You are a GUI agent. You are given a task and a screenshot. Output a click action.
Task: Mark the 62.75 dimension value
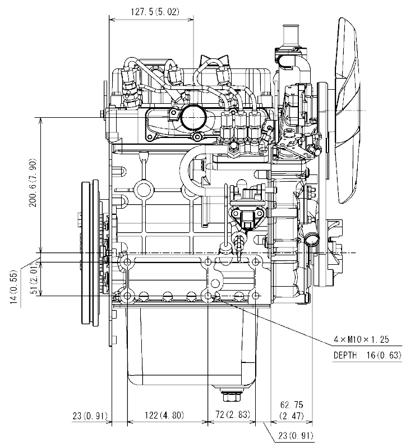[x=292, y=404]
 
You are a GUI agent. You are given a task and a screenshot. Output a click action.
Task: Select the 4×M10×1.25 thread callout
[x=361, y=339]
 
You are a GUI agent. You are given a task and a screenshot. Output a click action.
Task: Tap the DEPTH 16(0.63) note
[x=367, y=355]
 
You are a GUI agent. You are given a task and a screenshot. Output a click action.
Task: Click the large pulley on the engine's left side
[x=89, y=252]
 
